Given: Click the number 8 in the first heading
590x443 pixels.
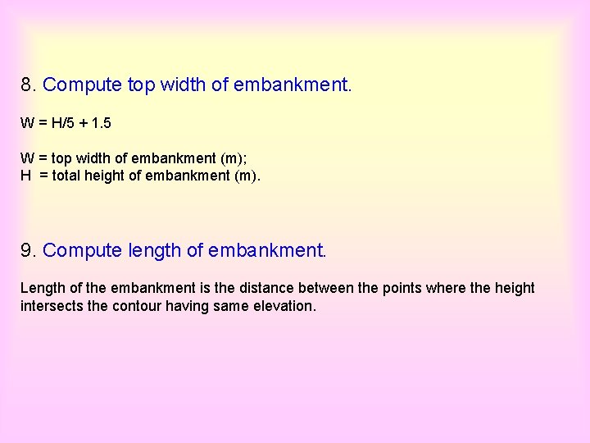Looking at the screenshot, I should (27, 84).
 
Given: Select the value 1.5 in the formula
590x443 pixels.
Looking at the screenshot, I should (102, 124).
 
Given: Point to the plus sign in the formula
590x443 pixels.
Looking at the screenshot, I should (84, 124).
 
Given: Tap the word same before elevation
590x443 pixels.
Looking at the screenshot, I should (230, 306).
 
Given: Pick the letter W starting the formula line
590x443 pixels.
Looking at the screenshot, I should (27, 124).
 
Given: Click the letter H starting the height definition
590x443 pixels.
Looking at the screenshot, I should (25, 175).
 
